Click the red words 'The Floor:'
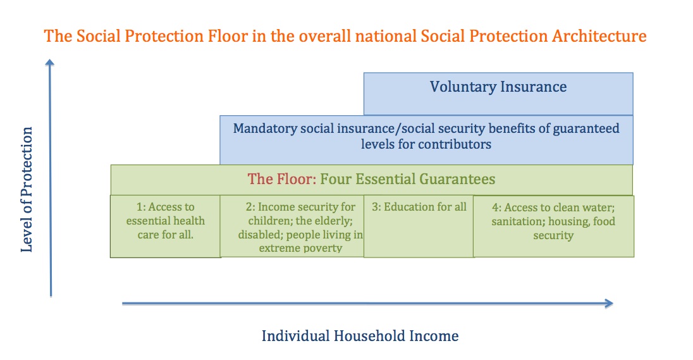tap(281, 179)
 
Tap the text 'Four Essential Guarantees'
tap(408, 179)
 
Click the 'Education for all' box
tap(419, 231)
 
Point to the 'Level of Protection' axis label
tap(27, 190)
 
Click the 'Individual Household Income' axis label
tap(360, 336)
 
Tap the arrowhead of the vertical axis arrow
tap(50, 61)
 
